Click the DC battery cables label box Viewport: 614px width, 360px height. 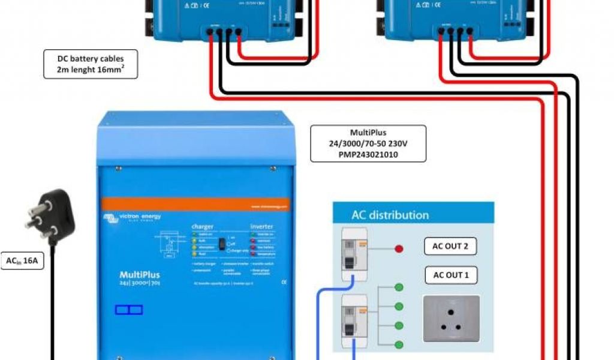click(x=91, y=65)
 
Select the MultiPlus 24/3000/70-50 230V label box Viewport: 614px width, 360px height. click(x=368, y=143)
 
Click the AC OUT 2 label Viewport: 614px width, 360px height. click(x=450, y=247)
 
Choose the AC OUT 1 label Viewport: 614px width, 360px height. click(x=450, y=275)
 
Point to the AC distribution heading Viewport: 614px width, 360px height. click(x=390, y=215)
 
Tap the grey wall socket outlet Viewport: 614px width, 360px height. click(x=452, y=319)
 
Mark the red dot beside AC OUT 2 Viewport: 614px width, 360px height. click(x=399, y=248)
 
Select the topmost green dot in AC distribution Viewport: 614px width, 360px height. click(x=399, y=287)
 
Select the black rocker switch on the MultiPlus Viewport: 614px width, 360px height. click(x=221, y=244)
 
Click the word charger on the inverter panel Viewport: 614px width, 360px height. click(x=202, y=226)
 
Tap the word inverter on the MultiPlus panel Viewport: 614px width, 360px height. click(x=261, y=226)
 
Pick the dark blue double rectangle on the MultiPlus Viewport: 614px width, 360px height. click(x=129, y=310)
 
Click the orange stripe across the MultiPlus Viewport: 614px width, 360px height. click(x=195, y=204)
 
